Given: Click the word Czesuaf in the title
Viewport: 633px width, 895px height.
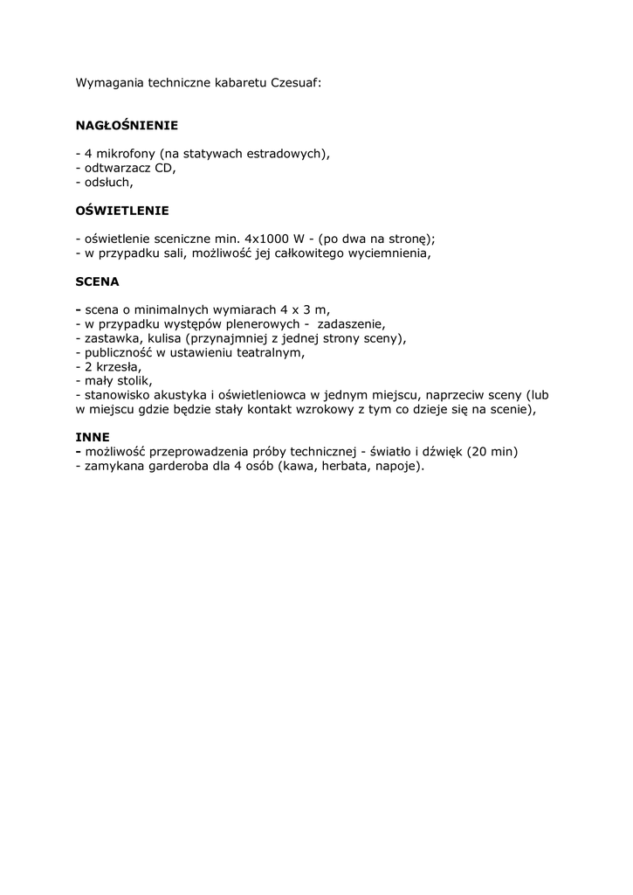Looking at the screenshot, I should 296,83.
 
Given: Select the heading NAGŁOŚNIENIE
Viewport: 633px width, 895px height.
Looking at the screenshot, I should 127,126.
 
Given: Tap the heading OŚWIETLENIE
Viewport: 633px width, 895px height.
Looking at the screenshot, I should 122,211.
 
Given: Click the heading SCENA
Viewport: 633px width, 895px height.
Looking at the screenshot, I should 97,282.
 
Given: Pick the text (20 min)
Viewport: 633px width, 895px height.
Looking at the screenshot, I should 492,451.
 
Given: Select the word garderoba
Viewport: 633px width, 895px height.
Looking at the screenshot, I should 171,466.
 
